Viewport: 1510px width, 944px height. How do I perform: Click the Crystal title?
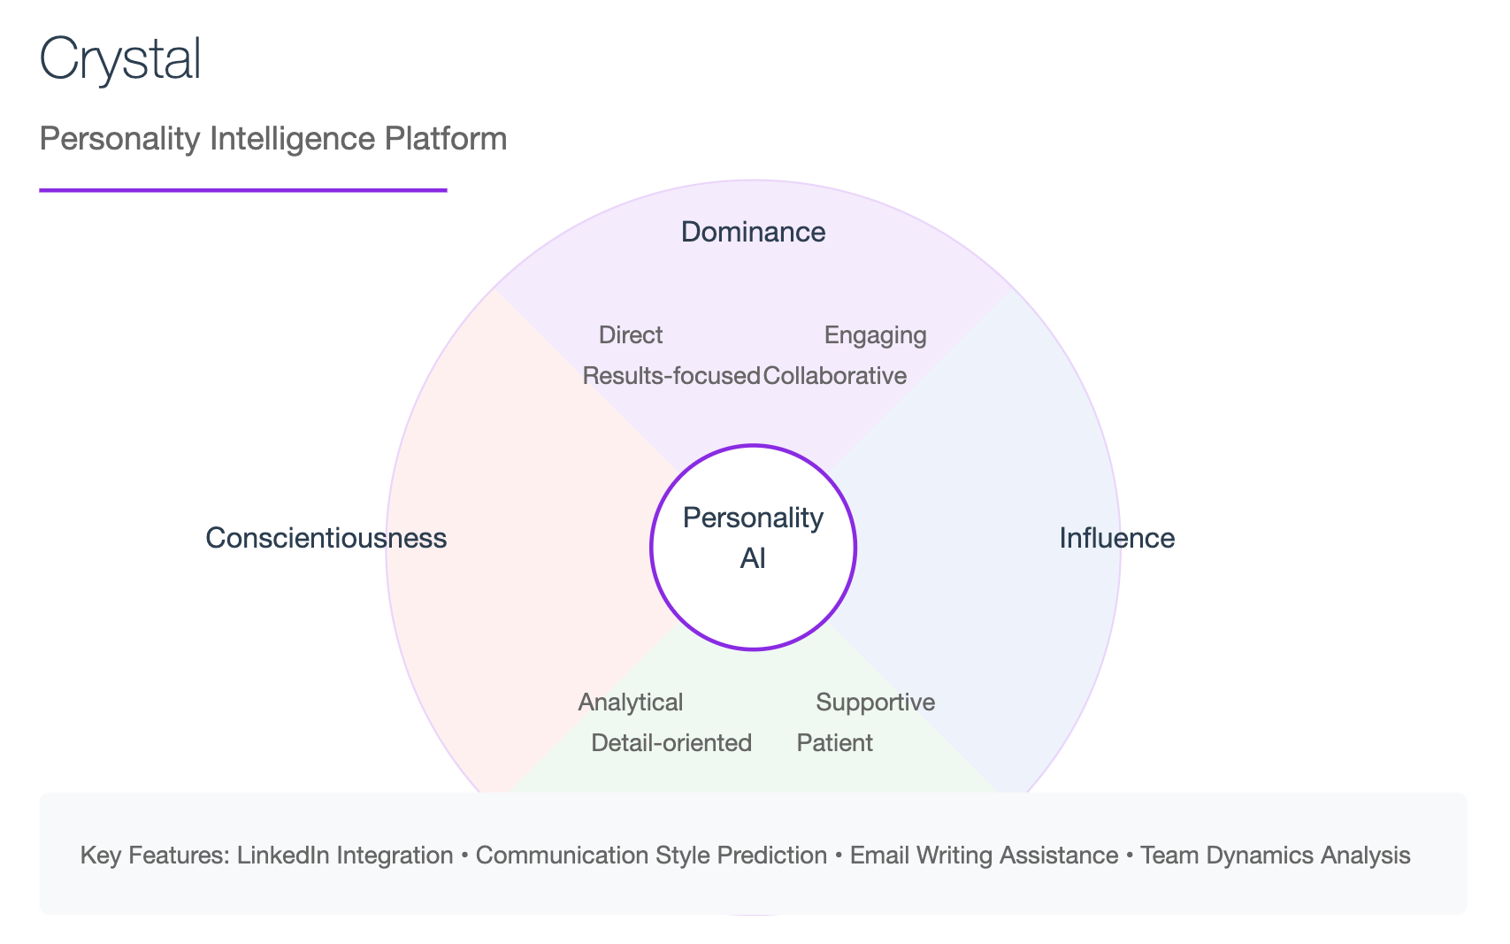coord(120,59)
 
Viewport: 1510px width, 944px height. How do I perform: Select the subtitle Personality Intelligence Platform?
coord(273,139)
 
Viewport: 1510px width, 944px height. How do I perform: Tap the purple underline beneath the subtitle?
coord(243,190)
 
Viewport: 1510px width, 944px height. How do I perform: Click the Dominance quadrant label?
coord(753,232)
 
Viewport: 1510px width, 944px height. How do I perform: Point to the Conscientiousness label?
coord(326,538)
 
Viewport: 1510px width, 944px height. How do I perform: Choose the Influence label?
coord(1117,538)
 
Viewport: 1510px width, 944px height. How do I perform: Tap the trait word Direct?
coord(631,335)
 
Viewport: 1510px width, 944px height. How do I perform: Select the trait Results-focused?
coord(671,376)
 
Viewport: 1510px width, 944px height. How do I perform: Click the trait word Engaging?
coord(876,336)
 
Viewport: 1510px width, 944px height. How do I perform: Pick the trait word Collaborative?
coord(834,376)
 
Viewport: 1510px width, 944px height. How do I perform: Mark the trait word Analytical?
coord(631,702)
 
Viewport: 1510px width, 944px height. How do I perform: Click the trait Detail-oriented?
coord(671,743)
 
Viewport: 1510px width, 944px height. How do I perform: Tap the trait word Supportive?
coord(876,702)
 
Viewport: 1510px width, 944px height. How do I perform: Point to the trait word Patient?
coord(834,743)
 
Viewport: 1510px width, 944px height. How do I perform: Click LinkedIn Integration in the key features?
coord(344,856)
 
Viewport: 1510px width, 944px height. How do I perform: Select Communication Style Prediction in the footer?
coord(651,856)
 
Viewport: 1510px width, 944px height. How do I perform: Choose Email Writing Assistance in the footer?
coord(984,856)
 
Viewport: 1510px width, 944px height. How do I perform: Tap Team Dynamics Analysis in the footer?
coord(1276,856)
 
